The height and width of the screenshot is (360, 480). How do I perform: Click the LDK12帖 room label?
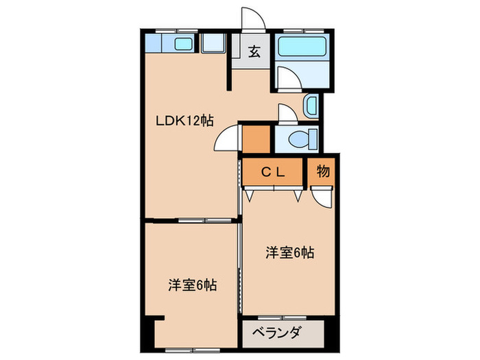[184, 121]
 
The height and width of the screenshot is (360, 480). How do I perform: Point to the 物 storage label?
[322, 171]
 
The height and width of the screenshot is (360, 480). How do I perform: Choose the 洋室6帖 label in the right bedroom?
[290, 252]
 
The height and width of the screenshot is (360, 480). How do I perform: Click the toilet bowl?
[299, 139]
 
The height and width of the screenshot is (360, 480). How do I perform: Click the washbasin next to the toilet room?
[311, 106]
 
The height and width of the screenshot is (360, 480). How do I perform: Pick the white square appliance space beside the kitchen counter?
[215, 46]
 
